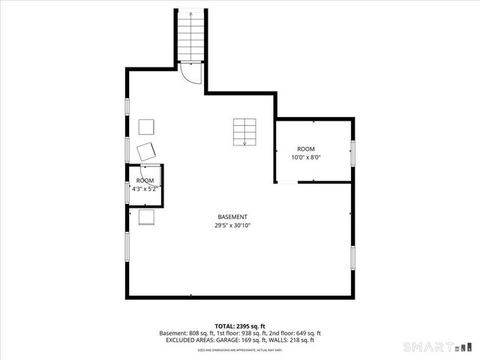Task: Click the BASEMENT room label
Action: pos(232,217)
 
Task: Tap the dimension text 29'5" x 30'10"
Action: pos(232,225)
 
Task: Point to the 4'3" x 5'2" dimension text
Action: pos(145,189)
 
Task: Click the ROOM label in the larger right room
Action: pos(306,149)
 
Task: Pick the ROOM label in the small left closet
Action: pos(145,181)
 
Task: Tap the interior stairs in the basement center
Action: pos(242,131)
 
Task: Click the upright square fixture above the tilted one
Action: pos(145,126)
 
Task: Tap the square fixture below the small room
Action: pos(146,217)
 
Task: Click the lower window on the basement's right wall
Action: pos(352,257)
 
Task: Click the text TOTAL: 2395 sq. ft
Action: pos(240,326)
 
